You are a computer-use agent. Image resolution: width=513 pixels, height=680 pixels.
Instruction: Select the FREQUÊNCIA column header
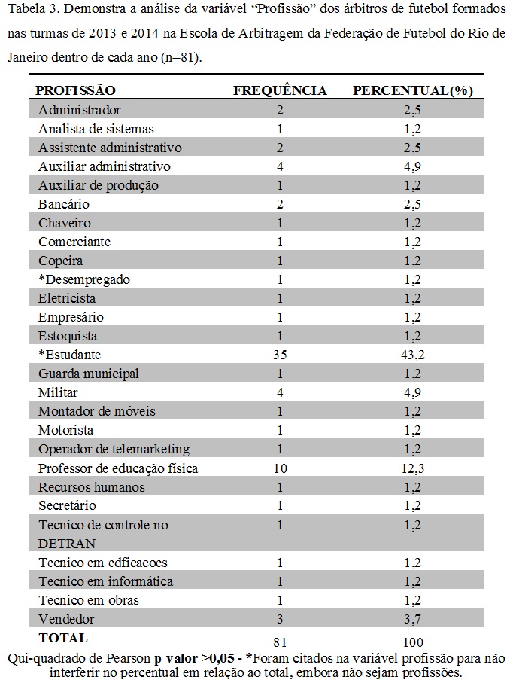[280, 90]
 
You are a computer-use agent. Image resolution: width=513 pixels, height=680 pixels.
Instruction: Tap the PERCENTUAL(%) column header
[412, 90]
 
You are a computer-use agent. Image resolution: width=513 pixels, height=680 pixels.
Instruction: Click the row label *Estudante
[69, 355]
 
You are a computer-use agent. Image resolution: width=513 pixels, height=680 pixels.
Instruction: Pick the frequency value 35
[280, 355]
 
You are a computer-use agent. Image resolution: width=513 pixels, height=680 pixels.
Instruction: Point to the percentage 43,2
[412, 355]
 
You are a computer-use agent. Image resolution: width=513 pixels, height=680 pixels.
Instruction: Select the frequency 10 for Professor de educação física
[280, 468]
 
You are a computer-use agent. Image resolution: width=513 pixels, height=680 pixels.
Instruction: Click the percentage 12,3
[412, 468]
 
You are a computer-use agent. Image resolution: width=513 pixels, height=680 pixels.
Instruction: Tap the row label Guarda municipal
[89, 374]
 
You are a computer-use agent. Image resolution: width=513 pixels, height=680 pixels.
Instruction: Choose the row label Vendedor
[67, 619]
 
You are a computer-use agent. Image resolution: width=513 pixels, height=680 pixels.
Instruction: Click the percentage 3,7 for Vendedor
[412, 619]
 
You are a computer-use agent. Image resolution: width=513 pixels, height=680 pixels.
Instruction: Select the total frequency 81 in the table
[280, 642]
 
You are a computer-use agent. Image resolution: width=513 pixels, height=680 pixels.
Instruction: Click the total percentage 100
[412, 642]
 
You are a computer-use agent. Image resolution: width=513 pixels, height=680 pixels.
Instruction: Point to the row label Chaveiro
[65, 223]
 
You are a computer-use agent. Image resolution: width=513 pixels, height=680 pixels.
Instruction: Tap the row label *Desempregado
[83, 279]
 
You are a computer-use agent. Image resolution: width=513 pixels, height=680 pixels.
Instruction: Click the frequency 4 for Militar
[280, 392]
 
